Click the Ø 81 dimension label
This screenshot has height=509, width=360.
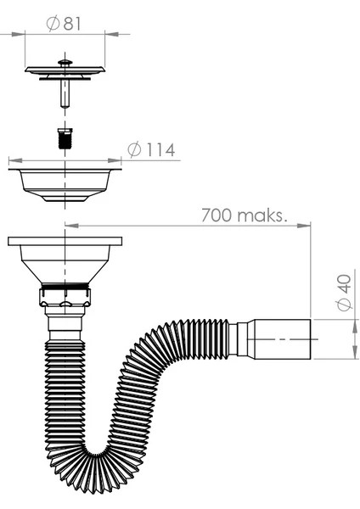pos(64,24)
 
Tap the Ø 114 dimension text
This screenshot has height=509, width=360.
pos(151,149)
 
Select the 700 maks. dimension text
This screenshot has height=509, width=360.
pos(245,215)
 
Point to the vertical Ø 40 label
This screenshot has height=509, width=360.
pos(344,293)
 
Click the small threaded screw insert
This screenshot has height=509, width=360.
pos(65,138)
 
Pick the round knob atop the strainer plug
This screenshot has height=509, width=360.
pos(65,62)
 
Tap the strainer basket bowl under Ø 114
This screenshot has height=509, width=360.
pos(65,184)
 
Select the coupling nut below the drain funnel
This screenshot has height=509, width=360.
pos(65,296)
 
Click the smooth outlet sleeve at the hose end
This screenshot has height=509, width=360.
pos(282,339)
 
